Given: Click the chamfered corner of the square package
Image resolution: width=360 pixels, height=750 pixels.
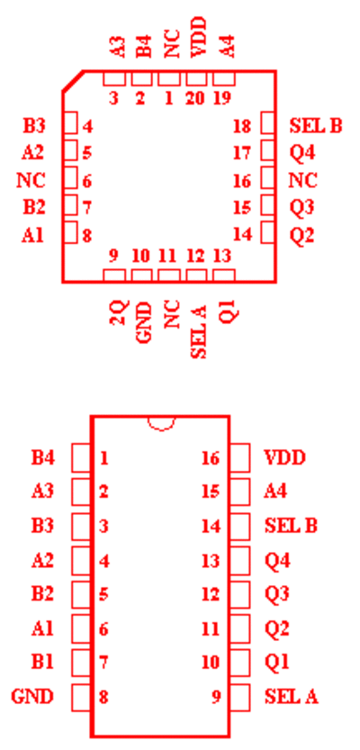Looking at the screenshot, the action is (73, 81).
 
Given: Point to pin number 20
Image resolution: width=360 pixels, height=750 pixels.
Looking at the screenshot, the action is (195, 99).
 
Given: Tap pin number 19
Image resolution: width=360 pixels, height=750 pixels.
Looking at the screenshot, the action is (223, 99).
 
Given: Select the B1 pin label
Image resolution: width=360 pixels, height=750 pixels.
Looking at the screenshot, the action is (43, 663).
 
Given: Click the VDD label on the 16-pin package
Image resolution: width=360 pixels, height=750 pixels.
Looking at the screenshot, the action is (284, 458).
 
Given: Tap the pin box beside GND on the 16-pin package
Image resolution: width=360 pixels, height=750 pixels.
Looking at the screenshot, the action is (81, 697).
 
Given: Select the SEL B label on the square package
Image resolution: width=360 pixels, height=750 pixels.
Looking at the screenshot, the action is (316, 126).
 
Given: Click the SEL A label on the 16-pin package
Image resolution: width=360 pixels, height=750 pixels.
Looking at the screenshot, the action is (292, 697).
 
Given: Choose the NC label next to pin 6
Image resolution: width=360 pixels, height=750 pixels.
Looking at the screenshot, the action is (31, 181).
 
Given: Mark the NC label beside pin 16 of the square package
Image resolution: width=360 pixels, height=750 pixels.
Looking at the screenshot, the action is (303, 181).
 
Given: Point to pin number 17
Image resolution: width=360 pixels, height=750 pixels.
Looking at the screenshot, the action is (242, 154).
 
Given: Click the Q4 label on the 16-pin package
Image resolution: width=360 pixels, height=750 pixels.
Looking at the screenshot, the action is (277, 561).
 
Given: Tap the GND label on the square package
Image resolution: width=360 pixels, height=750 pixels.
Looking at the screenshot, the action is (144, 322).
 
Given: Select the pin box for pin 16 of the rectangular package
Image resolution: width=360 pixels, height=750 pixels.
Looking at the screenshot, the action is (239, 457).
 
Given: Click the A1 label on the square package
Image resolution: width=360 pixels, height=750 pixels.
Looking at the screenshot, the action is (32, 235).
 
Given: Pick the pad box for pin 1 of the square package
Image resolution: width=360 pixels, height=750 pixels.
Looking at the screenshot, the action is (169, 78).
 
